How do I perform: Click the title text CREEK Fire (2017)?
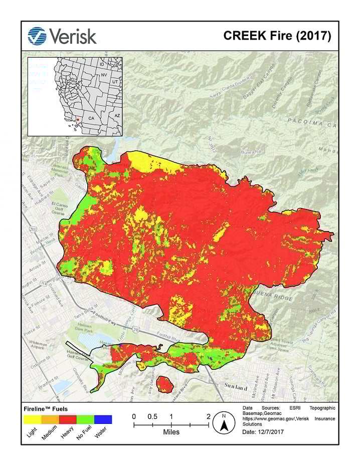pos(277,37)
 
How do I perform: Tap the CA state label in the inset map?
pos(91,118)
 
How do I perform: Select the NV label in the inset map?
pos(104,75)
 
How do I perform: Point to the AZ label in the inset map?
pos(117,115)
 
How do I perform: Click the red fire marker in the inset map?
pos(78,119)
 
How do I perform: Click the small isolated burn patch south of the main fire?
pos(164,385)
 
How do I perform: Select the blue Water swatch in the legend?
pos(103,419)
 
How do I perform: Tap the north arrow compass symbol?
pos(224,423)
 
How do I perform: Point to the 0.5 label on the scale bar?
pos(152,416)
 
